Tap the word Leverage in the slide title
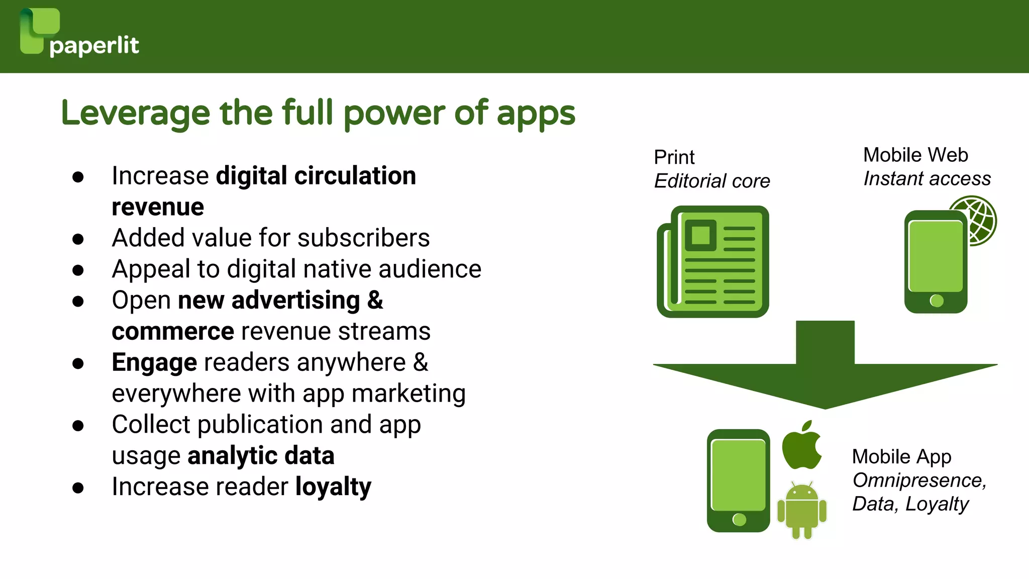point(135,114)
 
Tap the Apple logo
point(802,445)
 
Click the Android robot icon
point(802,510)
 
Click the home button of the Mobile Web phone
point(937,301)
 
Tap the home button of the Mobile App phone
point(739,519)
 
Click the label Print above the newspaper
point(674,157)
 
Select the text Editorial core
point(712,181)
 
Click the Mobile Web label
point(915,155)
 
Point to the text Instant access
point(927,178)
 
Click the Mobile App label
point(901,456)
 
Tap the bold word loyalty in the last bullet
point(333,487)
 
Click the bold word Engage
point(154,363)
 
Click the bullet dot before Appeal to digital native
point(78,270)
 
